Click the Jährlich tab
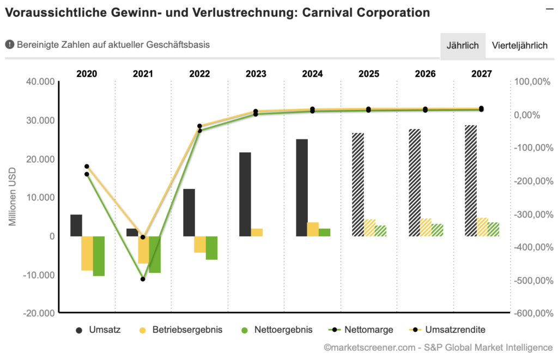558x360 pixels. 463,46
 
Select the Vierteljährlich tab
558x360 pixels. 519,46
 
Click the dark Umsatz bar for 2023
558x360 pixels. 245,194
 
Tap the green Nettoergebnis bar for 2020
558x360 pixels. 99,256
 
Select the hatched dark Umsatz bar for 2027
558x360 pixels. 471,180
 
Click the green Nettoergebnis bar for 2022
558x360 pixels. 211,248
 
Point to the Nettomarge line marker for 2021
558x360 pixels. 143,279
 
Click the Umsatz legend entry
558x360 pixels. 99,330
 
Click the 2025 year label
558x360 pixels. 369,74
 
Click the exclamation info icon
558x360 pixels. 9,45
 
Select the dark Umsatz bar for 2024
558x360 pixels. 302,187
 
